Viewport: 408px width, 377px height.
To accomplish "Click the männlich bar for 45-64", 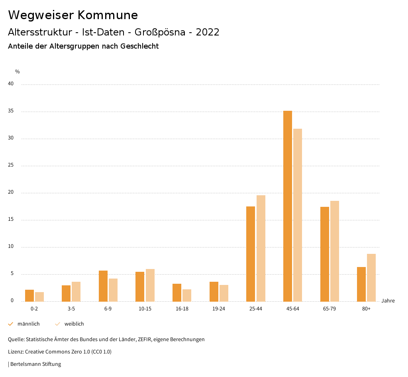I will point(288,206).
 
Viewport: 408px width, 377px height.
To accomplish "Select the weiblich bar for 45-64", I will point(298,215).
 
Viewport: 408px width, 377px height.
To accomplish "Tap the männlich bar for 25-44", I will point(251,254).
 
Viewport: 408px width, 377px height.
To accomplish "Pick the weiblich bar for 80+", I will point(371,278).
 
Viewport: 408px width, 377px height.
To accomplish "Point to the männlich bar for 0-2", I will point(29,296).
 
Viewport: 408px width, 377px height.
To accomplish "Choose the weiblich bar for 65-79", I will point(335,251).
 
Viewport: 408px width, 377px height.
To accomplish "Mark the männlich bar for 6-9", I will point(103,286).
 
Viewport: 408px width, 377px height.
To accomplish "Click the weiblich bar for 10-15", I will point(150,285).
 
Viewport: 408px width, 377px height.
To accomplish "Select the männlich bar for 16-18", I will point(177,293).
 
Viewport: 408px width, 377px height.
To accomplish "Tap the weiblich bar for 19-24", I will point(224,293).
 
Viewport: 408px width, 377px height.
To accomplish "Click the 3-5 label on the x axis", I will point(71,309).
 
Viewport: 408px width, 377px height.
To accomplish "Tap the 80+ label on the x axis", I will point(367,309).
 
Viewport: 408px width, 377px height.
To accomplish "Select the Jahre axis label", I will point(388,301).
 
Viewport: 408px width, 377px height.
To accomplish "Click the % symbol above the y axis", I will point(18,72).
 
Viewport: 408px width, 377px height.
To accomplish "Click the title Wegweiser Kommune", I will point(73,15).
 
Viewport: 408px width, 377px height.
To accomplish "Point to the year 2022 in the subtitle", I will point(208,32).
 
